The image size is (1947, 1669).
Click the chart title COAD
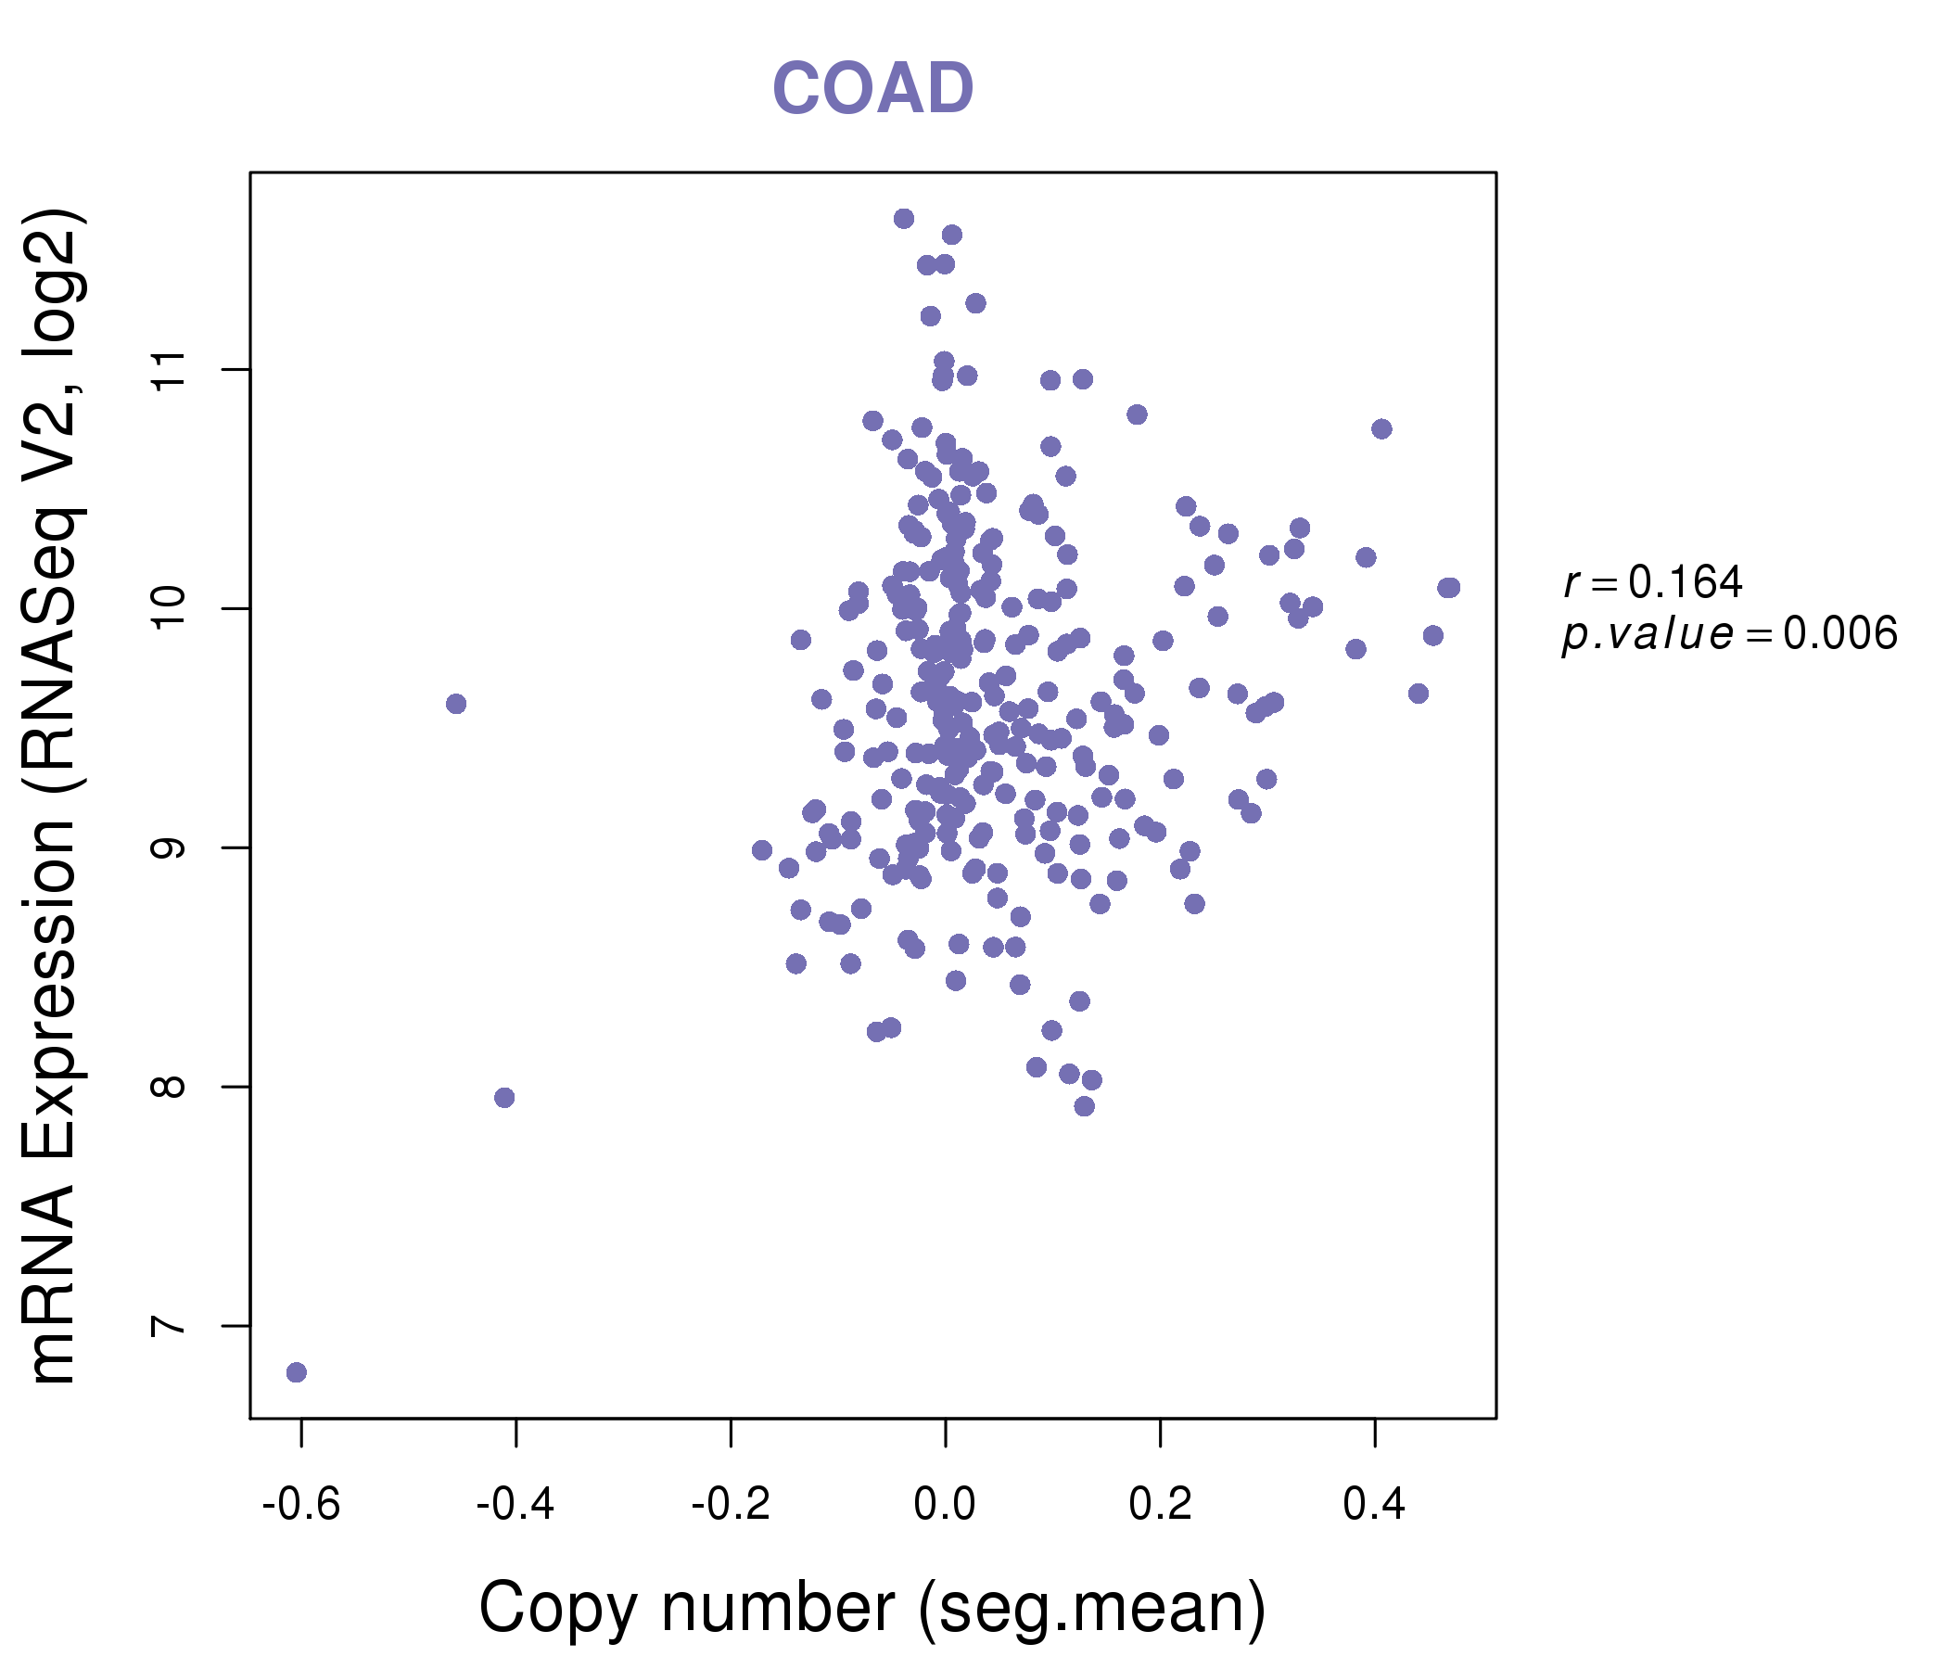(x=872, y=89)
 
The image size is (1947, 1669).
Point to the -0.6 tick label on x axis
(x=300, y=1505)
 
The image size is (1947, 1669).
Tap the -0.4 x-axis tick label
(x=515, y=1505)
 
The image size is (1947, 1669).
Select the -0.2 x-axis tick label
(x=731, y=1505)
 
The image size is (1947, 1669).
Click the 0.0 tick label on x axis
(x=946, y=1505)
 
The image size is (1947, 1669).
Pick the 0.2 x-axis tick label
(x=1160, y=1505)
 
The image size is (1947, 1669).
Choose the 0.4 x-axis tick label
(x=1374, y=1505)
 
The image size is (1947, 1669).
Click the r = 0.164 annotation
(x=1653, y=582)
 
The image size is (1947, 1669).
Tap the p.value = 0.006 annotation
(x=1730, y=634)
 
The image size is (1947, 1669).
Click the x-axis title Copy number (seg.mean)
(x=872, y=1608)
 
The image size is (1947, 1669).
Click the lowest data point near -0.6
(x=296, y=1372)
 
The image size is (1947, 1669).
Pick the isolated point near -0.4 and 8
(x=504, y=1098)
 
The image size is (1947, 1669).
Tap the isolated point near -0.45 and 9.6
(x=456, y=704)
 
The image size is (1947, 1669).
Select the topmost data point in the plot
(x=904, y=219)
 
